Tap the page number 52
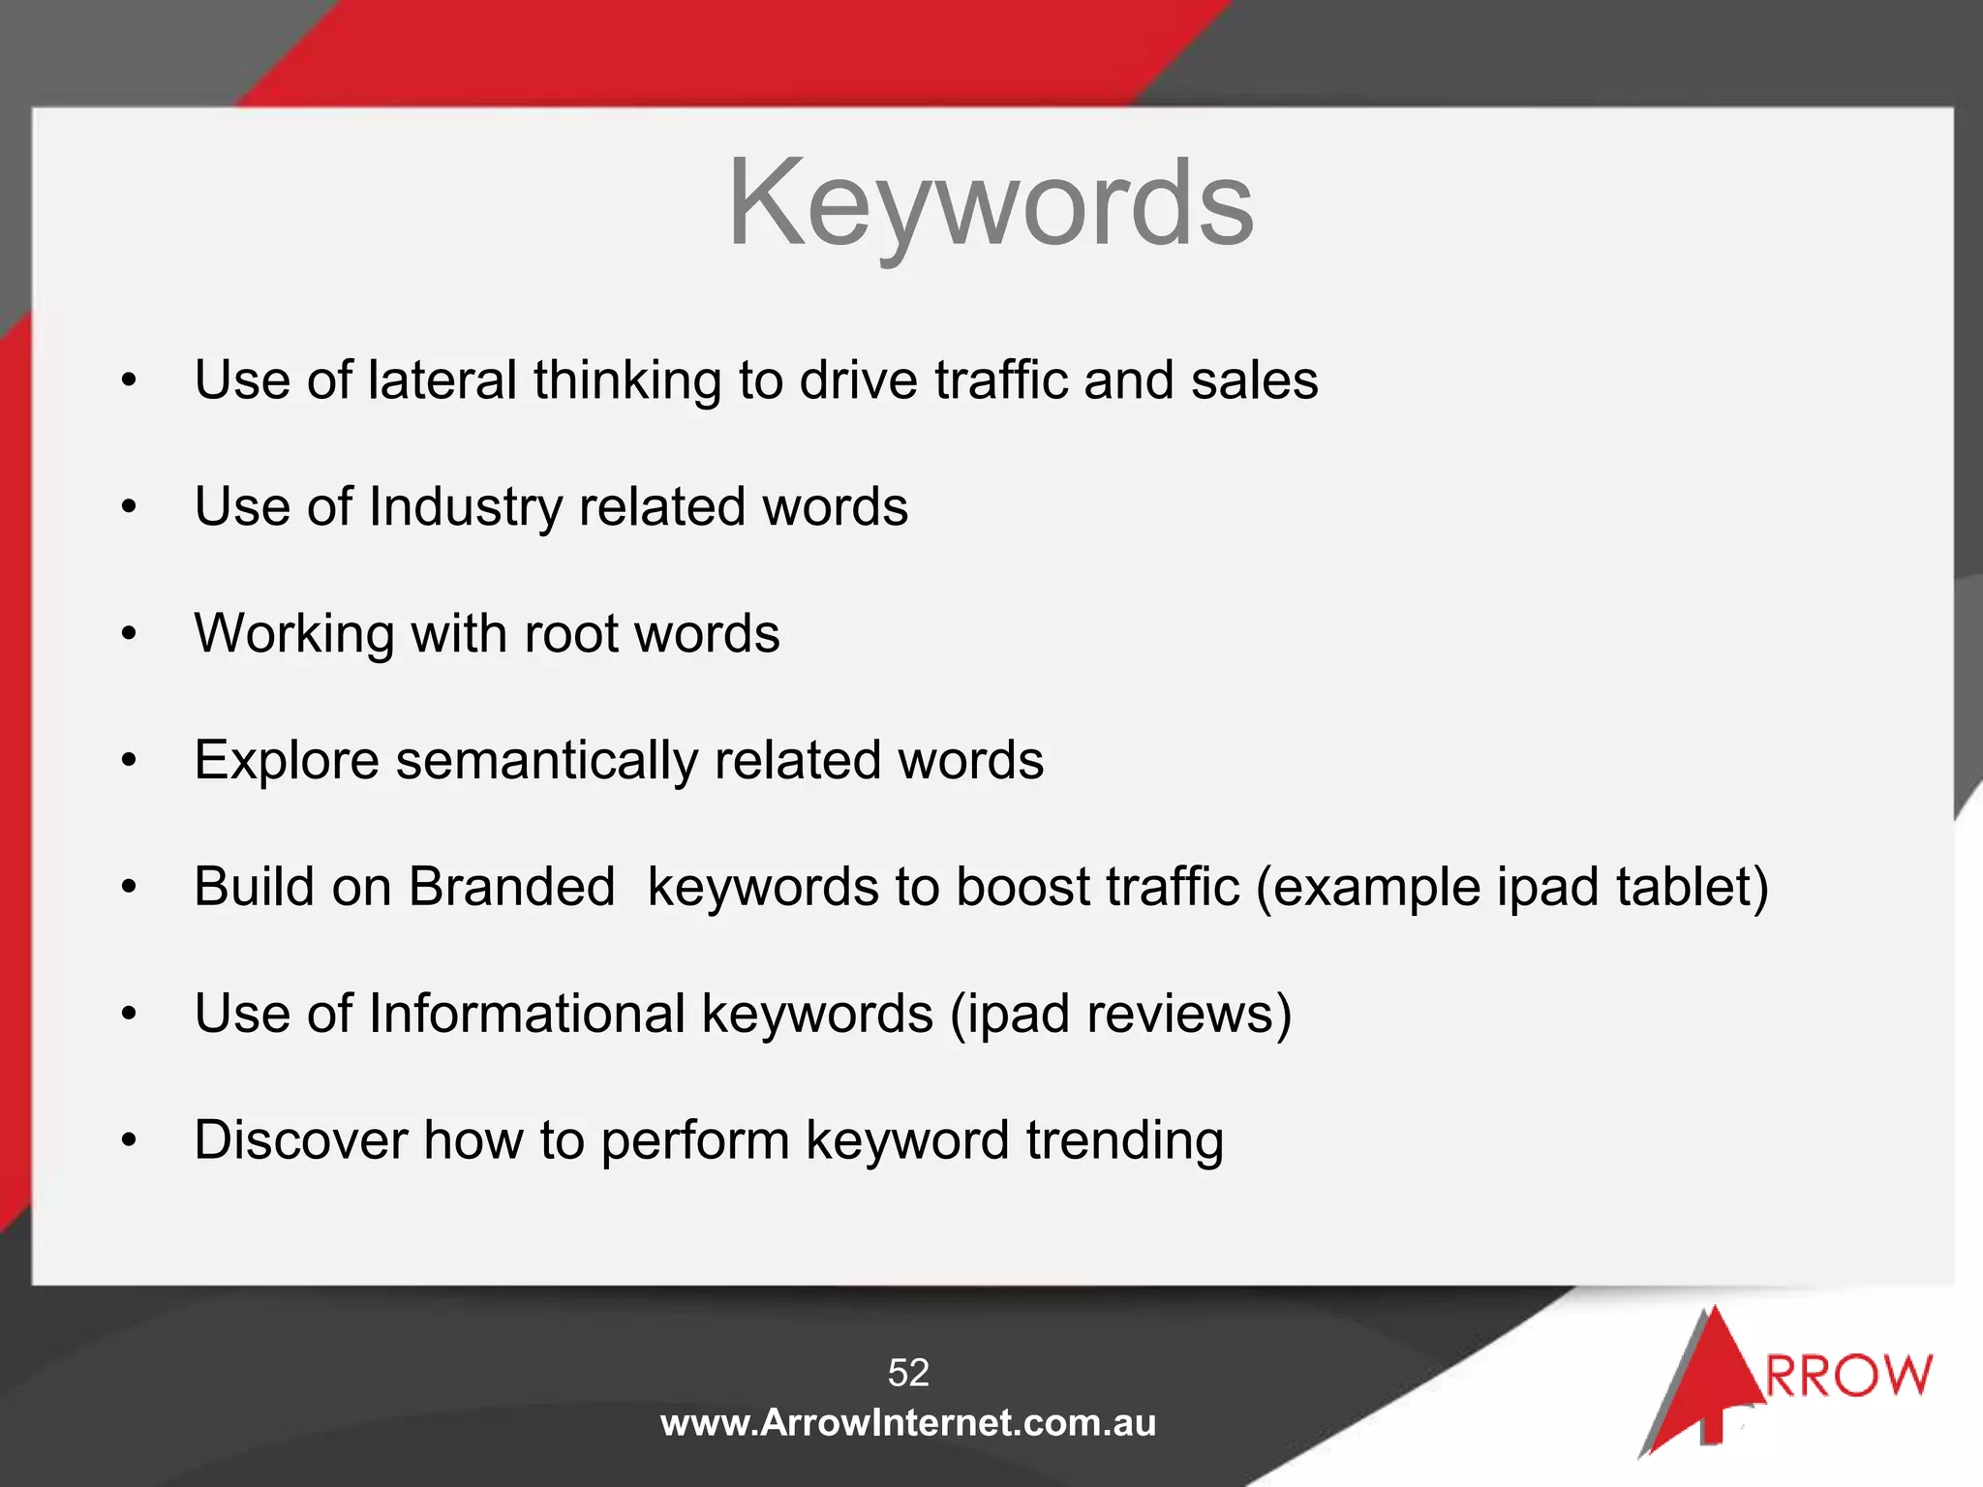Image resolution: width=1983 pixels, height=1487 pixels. pyautogui.click(x=908, y=1373)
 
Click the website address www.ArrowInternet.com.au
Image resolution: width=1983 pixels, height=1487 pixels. pyautogui.click(x=908, y=1423)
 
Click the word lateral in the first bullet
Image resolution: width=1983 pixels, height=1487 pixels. pyautogui.click(x=442, y=379)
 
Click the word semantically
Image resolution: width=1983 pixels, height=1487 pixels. pyautogui.click(x=546, y=761)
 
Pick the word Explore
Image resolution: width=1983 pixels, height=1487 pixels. pyautogui.click(x=287, y=761)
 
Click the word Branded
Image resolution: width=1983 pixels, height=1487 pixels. pyautogui.click(x=511, y=887)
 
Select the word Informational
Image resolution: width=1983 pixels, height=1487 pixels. pyautogui.click(x=527, y=1015)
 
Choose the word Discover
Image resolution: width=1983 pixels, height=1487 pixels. pyautogui.click(x=300, y=1140)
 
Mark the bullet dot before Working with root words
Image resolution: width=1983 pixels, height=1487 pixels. pyautogui.click(x=130, y=635)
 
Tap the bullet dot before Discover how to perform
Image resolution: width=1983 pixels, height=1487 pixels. pyautogui.click(x=130, y=1140)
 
